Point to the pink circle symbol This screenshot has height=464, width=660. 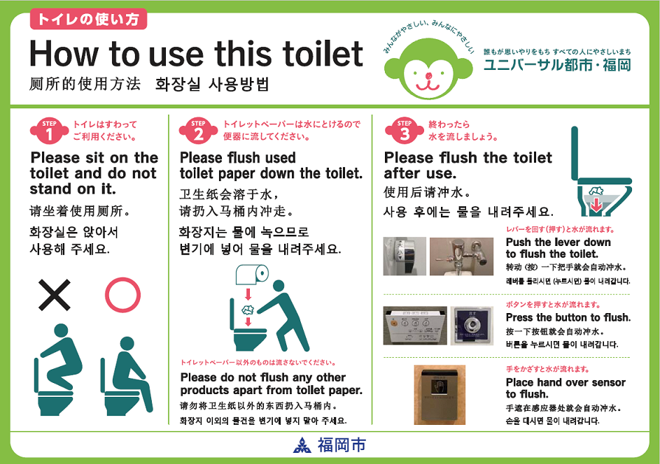[x=123, y=294]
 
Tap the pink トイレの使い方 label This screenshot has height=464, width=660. [x=88, y=19]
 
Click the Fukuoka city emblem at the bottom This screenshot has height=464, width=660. [x=301, y=445]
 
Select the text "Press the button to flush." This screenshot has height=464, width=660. [x=568, y=317]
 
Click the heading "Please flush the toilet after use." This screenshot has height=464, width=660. [x=468, y=165]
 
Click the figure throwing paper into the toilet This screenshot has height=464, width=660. [x=288, y=314]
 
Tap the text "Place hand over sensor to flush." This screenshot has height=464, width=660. [x=566, y=389]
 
